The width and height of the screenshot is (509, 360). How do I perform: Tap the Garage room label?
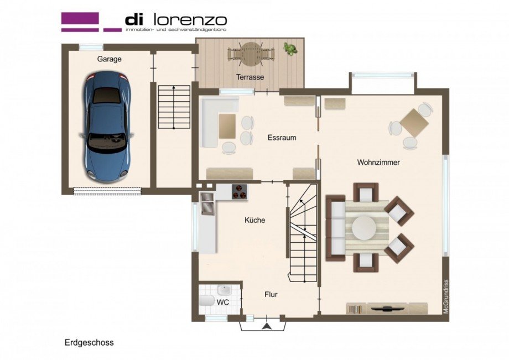click(110, 59)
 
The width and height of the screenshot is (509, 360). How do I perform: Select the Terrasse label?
click(250, 77)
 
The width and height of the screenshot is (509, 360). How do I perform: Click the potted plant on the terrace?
click(289, 48)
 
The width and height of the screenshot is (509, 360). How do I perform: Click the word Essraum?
click(282, 138)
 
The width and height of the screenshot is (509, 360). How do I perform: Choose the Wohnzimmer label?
click(378, 162)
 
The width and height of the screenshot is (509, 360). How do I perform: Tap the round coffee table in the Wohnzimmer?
click(364, 228)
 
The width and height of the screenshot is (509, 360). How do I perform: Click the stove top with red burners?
click(239, 191)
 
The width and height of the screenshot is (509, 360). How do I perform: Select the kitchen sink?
click(207, 204)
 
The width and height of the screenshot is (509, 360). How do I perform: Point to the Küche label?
click(255, 220)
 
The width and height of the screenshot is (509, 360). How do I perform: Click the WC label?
click(223, 302)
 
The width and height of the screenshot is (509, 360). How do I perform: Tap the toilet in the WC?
click(207, 300)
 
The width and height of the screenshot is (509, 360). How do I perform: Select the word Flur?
click(271, 295)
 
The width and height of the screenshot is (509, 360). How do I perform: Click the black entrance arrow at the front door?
click(267, 326)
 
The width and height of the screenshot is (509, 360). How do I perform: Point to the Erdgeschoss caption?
click(89, 343)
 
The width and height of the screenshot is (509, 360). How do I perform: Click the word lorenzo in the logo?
click(190, 20)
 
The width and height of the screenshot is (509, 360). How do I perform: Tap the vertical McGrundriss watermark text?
click(446, 296)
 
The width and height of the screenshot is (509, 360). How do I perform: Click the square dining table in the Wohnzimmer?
click(414, 123)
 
